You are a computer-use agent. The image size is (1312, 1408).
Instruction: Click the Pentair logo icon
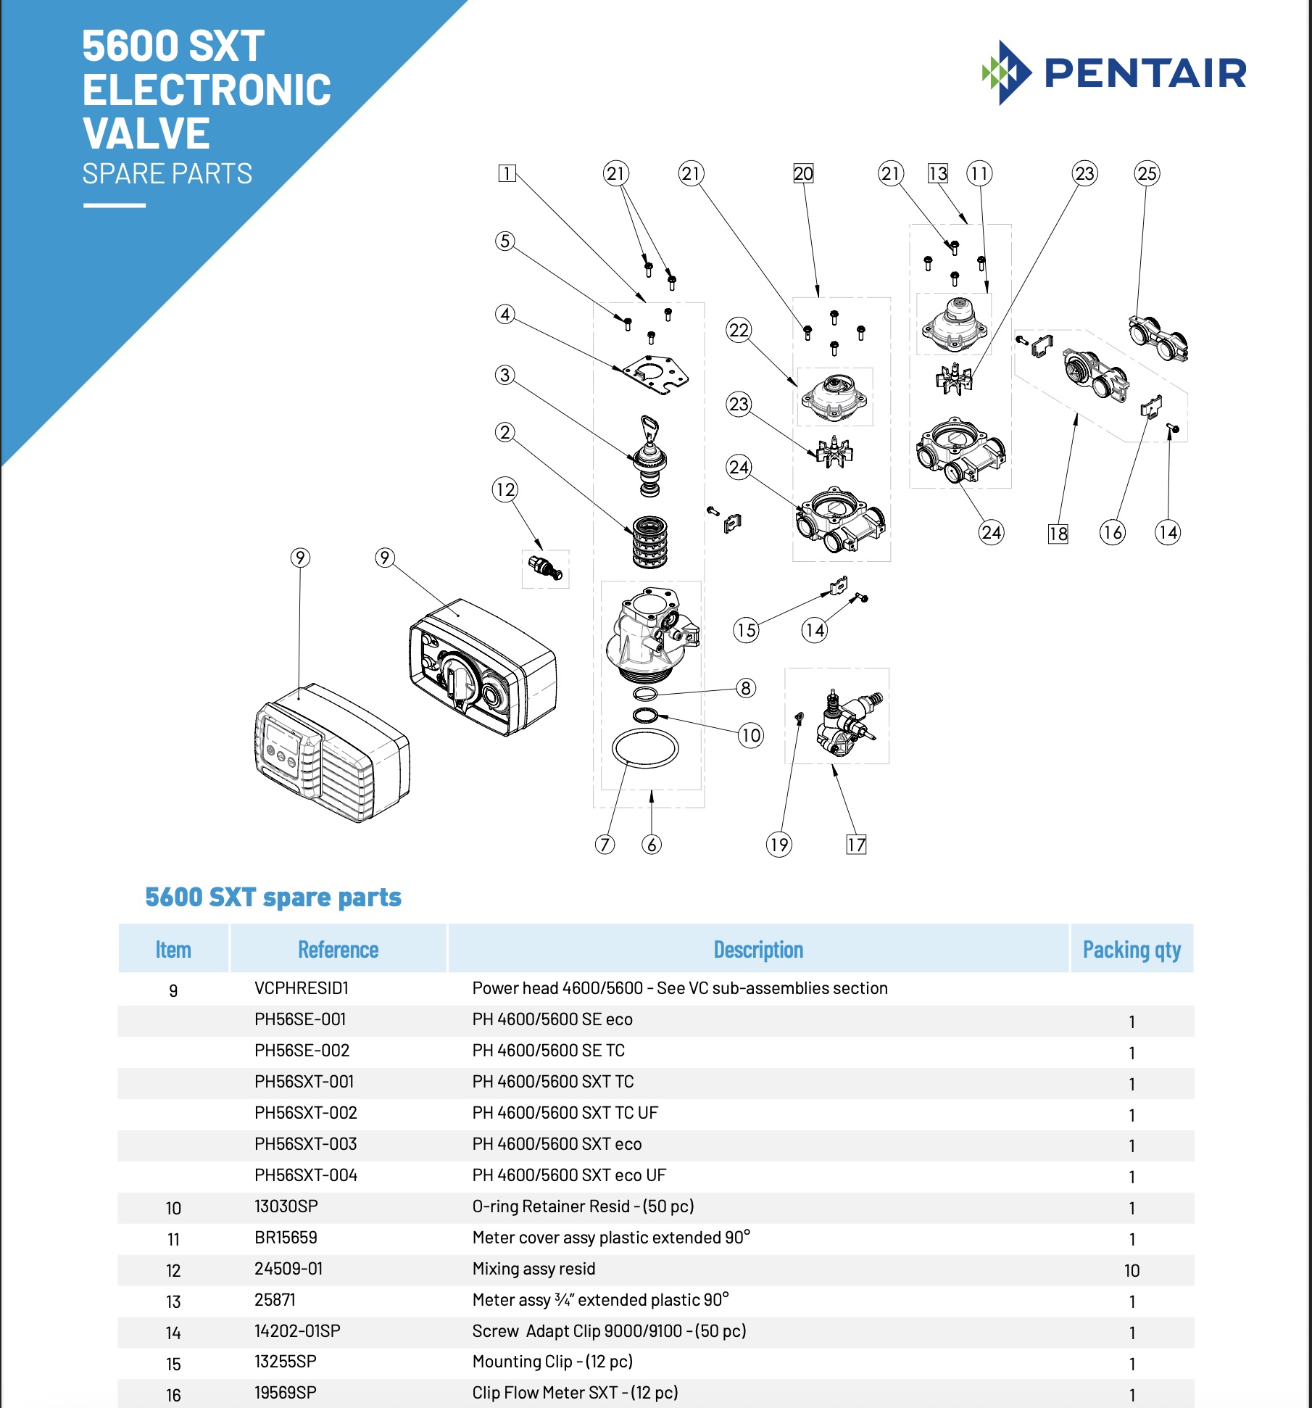[1006, 73]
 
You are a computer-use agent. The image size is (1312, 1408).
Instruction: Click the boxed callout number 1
[507, 173]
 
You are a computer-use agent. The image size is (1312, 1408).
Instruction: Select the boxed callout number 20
[803, 173]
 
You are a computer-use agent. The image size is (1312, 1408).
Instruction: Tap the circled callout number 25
[1147, 173]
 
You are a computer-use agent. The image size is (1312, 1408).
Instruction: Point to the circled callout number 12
[505, 489]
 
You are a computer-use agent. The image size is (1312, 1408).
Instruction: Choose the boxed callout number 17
[856, 845]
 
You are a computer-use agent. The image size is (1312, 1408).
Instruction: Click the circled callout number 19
[779, 845]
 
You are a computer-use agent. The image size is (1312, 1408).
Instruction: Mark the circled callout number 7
[605, 845]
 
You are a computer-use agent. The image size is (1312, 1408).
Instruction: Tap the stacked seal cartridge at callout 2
[650, 542]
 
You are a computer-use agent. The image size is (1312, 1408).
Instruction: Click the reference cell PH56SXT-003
[306, 1144]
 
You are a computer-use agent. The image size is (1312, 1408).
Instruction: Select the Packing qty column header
[1132, 949]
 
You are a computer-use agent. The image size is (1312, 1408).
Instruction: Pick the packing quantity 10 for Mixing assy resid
[1132, 1270]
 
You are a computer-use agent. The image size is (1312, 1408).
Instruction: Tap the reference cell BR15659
[286, 1238]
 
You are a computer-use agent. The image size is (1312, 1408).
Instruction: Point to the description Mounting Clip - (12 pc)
[552, 1362]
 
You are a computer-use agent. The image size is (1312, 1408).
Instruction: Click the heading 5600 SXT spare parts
[273, 898]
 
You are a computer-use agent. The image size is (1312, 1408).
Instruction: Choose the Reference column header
[338, 949]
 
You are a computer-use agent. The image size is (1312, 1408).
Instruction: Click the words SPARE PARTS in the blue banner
[167, 174]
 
